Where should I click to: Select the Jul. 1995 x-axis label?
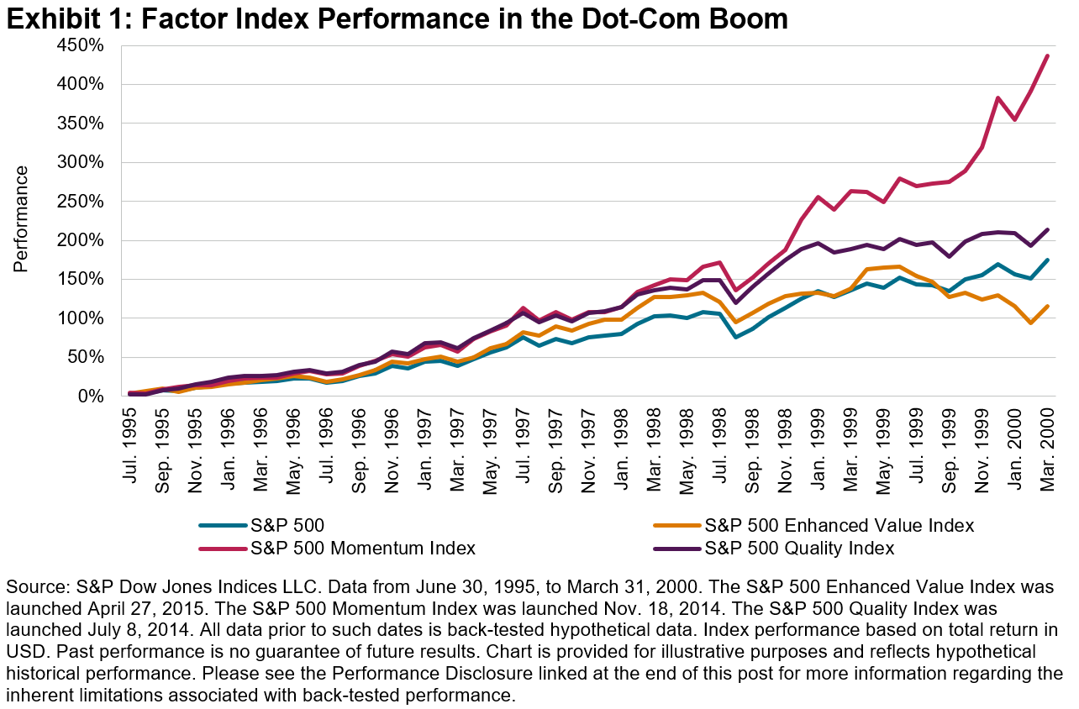coord(131,436)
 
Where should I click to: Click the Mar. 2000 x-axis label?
coord(1049,436)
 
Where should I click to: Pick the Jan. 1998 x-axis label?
coord(620,436)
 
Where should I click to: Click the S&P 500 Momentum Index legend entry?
coord(363,549)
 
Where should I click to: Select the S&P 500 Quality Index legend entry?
coord(799,549)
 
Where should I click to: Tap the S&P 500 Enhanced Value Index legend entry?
coord(840,526)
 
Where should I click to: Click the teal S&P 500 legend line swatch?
coord(223,526)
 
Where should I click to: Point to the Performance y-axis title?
coord(21,218)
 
